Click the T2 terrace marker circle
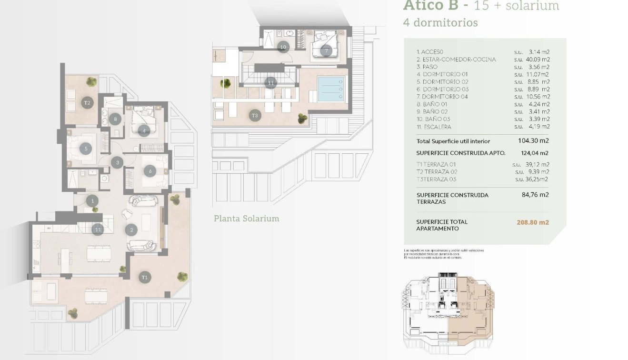click(x=87, y=102)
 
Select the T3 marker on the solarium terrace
click(x=255, y=115)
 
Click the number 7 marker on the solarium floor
click(x=326, y=50)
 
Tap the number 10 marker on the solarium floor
click(x=283, y=47)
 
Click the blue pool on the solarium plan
click(x=330, y=88)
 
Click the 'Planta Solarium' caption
click(x=246, y=219)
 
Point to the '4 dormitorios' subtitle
click(x=440, y=22)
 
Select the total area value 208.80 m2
click(x=532, y=222)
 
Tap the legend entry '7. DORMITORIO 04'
click(x=442, y=97)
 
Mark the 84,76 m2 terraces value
click(x=535, y=195)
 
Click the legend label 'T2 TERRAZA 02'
click(x=437, y=172)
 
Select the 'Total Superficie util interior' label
click(x=453, y=141)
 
